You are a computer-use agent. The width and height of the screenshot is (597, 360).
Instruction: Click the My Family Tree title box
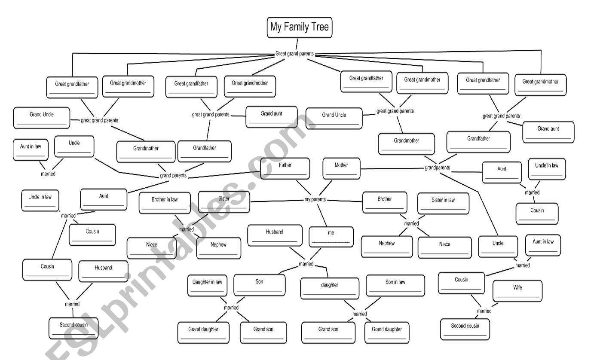pos(300,27)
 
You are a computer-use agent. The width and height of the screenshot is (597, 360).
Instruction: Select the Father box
pos(285,168)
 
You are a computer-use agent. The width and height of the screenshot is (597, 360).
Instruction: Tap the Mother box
pos(341,168)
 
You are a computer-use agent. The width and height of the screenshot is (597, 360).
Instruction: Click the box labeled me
pos(331,237)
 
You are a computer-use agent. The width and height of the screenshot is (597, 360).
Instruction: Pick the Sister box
pos(224,202)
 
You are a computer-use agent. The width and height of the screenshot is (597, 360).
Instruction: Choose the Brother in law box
pos(165,203)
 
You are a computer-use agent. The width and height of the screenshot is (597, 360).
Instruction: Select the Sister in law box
pos(443,203)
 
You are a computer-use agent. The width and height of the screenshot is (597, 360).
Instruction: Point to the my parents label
pos(315,200)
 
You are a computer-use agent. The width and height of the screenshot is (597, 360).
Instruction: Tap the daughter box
pos(330,288)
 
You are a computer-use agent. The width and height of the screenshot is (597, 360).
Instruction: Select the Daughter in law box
pos(207,286)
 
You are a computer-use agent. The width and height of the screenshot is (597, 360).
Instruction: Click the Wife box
pos(517,291)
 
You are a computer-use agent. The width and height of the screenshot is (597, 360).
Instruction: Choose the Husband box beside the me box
pos(275,235)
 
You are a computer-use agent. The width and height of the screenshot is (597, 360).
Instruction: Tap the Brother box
pos(385,202)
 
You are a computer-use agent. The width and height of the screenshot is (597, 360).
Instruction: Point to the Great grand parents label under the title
pos(294,54)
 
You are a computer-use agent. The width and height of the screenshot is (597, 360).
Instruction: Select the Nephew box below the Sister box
pos(218,248)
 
